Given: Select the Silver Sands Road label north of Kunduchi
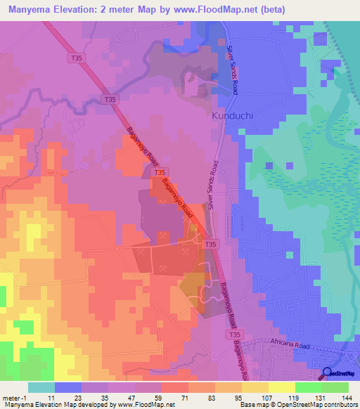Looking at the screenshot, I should (231, 68).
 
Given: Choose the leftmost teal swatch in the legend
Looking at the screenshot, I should (41, 387).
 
